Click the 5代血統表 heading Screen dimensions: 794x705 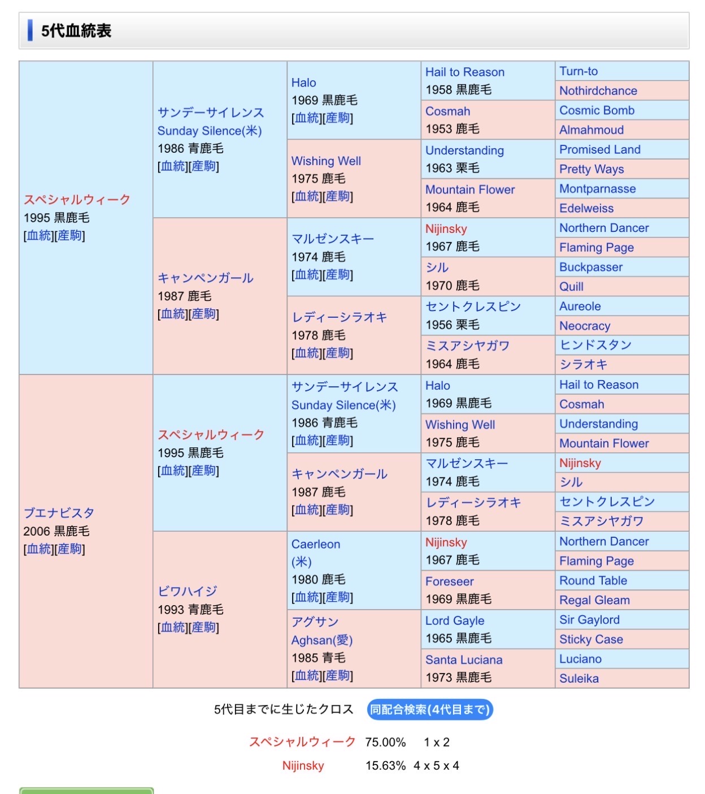(x=76, y=31)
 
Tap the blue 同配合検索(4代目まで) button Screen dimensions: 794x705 (x=430, y=709)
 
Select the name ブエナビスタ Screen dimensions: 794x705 (x=59, y=513)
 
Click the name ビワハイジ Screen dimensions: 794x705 (x=188, y=591)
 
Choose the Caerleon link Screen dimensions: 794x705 (x=316, y=544)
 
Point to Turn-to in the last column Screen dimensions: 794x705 (x=578, y=71)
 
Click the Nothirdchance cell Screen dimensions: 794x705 (x=598, y=90)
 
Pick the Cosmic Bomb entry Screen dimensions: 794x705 (x=597, y=110)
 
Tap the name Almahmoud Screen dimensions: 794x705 (x=591, y=130)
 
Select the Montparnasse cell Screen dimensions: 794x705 (x=597, y=189)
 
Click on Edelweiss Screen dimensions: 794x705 (x=586, y=208)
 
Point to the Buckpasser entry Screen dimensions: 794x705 (x=591, y=267)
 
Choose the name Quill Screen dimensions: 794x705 (x=571, y=287)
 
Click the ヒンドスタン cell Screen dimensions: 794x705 (x=595, y=345)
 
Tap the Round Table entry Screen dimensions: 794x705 (x=593, y=580)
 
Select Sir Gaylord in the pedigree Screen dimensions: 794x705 (x=589, y=620)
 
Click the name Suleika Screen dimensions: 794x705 (x=579, y=679)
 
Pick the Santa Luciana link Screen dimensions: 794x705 (x=464, y=659)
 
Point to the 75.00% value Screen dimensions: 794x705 (x=385, y=742)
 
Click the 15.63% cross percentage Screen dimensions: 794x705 (x=385, y=766)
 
